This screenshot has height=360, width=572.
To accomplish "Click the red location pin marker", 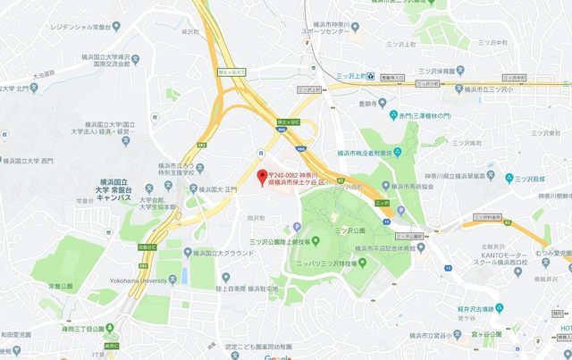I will point(261,177).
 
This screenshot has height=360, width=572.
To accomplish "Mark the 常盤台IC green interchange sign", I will point(148,245).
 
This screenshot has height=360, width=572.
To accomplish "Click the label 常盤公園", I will point(62,286).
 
